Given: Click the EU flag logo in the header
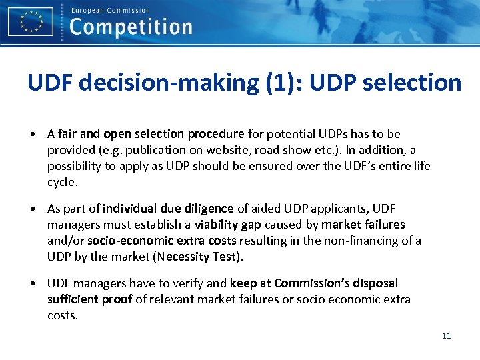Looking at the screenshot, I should [x=31, y=21].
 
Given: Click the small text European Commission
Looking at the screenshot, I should [x=110, y=10].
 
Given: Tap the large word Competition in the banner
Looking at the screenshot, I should [x=131, y=27].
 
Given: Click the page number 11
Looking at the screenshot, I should [x=446, y=335].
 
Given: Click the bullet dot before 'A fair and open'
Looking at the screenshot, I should [x=33, y=135].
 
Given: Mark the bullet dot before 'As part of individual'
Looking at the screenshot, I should [x=33, y=209].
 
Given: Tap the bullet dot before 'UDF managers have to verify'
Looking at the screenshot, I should [x=33, y=284].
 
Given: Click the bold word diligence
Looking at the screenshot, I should [x=207, y=209].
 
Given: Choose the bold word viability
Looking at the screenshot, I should [x=215, y=225].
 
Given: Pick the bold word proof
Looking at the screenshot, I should [x=117, y=299].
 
